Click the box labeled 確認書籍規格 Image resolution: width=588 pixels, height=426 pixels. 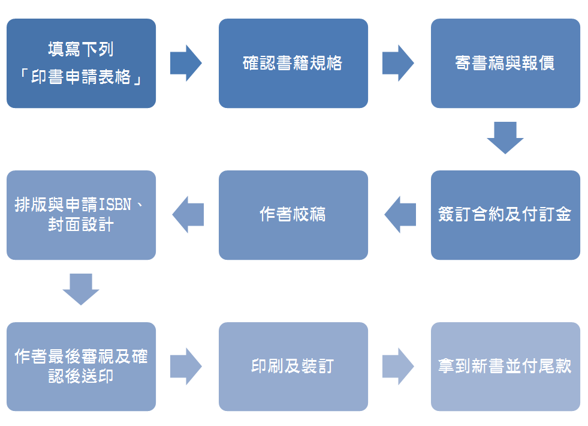[x=293, y=64]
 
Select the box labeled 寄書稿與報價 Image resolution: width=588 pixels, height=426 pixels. [x=505, y=64]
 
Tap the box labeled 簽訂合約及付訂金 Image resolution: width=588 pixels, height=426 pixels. [x=505, y=215]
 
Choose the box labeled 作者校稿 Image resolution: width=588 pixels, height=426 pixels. [x=293, y=215]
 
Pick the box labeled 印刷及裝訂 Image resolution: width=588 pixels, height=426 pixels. [x=293, y=367]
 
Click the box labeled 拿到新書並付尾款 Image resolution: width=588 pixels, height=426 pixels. [x=505, y=367]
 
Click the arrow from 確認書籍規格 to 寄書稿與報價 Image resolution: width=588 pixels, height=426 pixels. [x=399, y=63]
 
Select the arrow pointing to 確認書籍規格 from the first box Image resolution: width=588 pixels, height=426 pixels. [x=186, y=63]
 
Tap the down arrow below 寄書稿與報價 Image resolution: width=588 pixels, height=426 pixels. [x=505, y=138]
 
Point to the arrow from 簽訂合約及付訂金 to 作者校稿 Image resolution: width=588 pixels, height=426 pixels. [x=400, y=215]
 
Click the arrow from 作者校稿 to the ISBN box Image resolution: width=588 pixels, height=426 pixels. [x=188, y=215]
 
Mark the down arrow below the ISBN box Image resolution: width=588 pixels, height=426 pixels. [x=81, y=289]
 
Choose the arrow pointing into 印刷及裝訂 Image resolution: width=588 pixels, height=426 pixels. [x=186, y=366]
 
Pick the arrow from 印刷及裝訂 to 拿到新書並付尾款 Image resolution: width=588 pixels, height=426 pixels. [x=399, y=366]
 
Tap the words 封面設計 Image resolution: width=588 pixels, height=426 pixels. [x=81, y=226]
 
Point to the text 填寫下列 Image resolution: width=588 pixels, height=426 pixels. [x=81, y=49]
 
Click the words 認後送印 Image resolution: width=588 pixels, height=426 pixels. [x=81, y=377]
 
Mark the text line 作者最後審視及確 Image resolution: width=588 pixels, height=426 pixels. [x=81, y=356]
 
